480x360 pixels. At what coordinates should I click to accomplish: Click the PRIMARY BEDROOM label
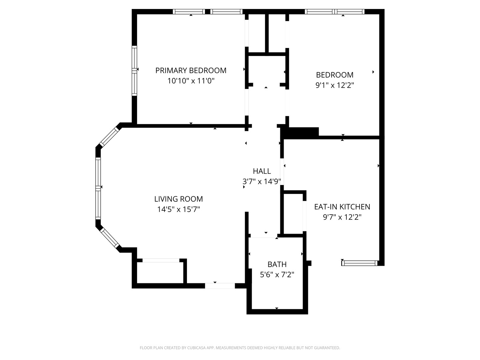tap(191, 70)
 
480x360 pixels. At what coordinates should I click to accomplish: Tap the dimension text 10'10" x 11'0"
tap(191, 81)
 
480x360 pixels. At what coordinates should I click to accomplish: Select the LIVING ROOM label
tap(178, 199)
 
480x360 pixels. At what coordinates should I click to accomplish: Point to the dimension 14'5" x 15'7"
tap(178, 209)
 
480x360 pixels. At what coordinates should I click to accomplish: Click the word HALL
tap(262, 171)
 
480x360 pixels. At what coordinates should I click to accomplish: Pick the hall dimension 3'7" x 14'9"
tap(262, 181)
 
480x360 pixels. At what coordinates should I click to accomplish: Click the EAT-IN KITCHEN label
tap(342, 207)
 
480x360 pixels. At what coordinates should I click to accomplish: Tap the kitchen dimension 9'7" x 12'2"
tap(342, 217)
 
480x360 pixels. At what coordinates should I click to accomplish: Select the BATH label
tap(277, 264)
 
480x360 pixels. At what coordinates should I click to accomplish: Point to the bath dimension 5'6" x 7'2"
tap(277, 275)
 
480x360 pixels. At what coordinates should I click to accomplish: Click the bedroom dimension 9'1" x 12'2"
tap(335, 85)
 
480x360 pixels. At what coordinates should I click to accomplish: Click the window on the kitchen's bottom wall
tap(360, 263)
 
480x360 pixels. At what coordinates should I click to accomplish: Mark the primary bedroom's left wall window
tap(134, 71)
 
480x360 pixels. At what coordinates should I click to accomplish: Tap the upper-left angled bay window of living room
tap(109, 137)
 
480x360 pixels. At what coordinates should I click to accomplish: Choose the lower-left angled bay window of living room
tap(109, 238)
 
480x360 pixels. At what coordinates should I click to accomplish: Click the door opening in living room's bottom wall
tap(220, 286)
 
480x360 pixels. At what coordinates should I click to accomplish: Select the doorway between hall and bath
tap(263, 237)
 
